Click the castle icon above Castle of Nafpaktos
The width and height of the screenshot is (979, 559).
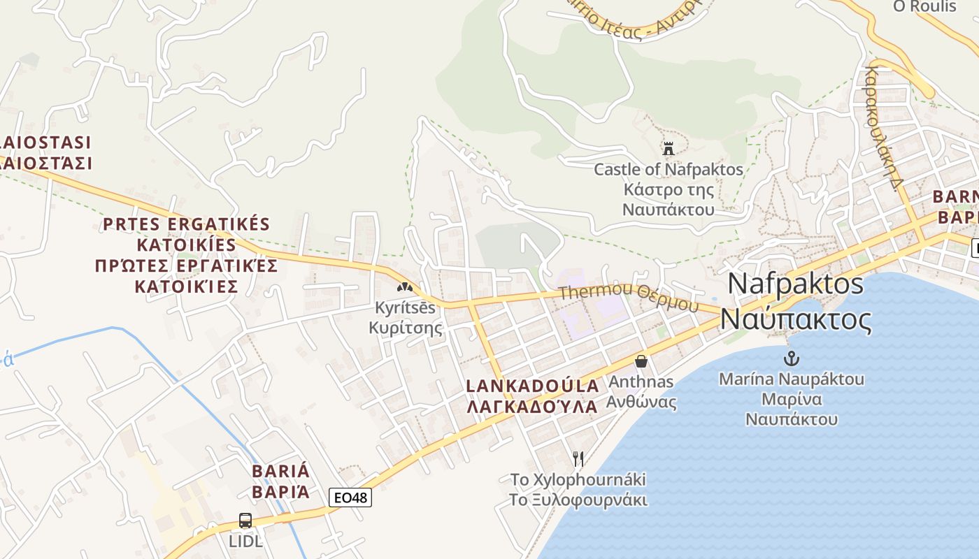click(668, 148)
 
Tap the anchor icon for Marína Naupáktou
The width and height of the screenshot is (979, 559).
click(791, 359)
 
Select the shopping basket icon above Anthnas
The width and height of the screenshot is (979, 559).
click(641, 361)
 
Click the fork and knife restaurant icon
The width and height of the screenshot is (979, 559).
click(578, 459)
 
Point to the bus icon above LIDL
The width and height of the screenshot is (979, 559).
click(245, 521)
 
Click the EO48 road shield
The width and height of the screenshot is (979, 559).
click(350, 498)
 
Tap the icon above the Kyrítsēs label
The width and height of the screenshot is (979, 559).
click(404, 286)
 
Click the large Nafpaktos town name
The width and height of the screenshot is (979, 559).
click(795, 284)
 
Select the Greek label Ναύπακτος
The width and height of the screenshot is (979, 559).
click(796, 319)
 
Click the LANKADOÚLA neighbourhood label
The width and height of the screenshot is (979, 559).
click(532, 386)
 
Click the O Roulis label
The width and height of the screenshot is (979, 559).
click(924, 6)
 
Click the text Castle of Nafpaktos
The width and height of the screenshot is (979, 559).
click(668, 169)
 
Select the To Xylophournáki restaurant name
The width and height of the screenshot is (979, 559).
click(578, 480)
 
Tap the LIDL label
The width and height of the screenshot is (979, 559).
click(245, 541)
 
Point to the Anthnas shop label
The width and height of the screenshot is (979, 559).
click(641, 382)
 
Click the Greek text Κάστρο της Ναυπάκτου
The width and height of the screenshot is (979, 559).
click(668, 199)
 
